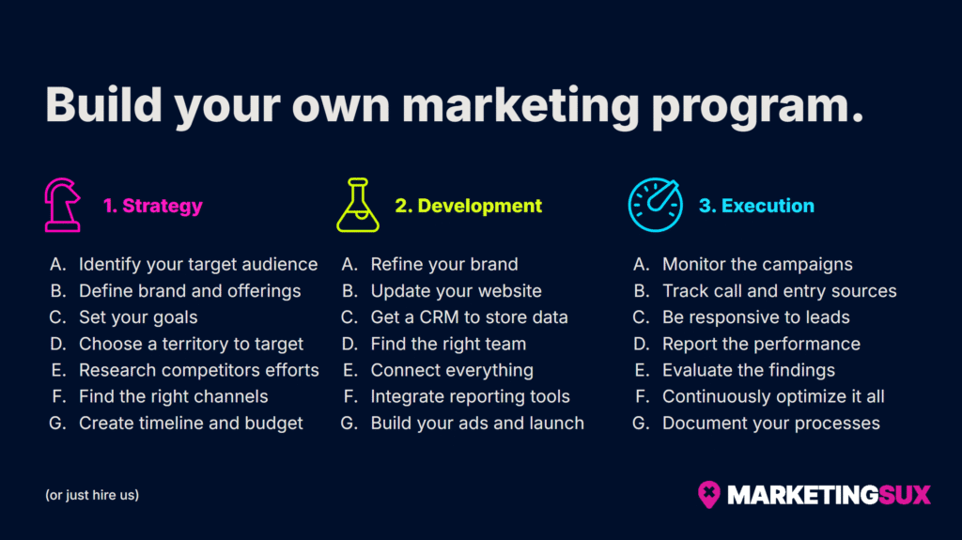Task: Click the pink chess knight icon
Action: click(63, 205)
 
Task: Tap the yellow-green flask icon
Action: click(358, 205)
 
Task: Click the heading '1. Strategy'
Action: click(152, 206)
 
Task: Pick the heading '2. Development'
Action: click(468, 206)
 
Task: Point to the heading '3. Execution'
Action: click(756, 206)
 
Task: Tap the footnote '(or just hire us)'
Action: click(92, 494)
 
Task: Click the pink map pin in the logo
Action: click(708, 493)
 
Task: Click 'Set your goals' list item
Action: click(138, 317)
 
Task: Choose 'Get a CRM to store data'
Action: click(469, 317)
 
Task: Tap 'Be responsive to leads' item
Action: click(755, 317)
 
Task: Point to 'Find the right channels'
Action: click(173, 396)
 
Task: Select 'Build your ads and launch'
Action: click(477, 423)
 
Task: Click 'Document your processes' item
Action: click(770, 423)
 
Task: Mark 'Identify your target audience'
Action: click(197, 264)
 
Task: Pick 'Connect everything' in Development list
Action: click(452, 370)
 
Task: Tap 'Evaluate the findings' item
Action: click(748, 370)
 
